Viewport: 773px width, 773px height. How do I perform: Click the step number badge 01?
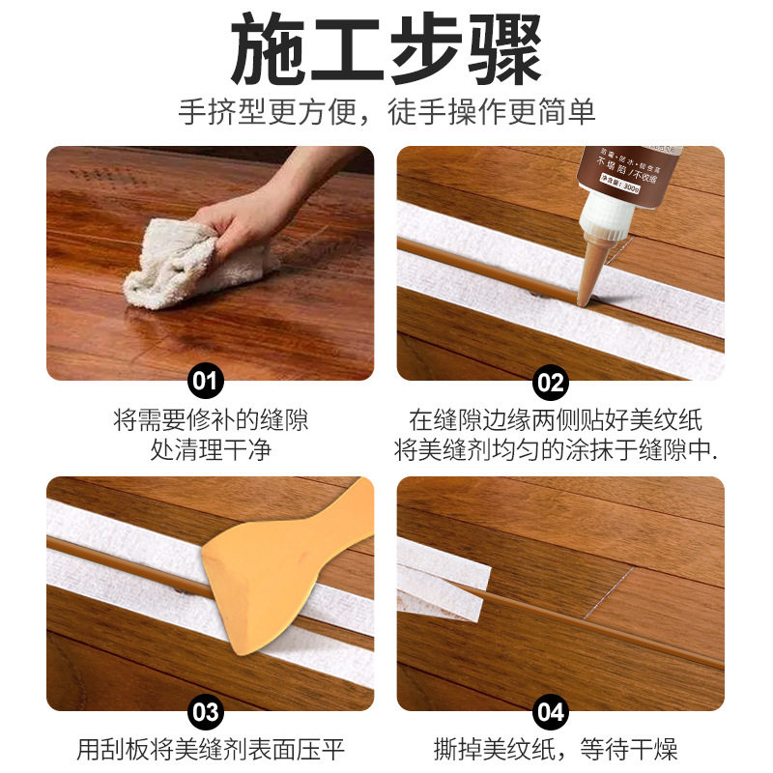click(x=205, y=381)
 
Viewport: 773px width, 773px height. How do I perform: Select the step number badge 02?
click(x=551, y=381)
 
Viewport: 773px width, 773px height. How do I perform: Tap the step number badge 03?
click(x=205, y=712)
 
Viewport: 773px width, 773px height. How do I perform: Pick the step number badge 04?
click(x=551, y=712)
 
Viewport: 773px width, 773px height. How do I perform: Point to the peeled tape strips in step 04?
click(x=444, y=580)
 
